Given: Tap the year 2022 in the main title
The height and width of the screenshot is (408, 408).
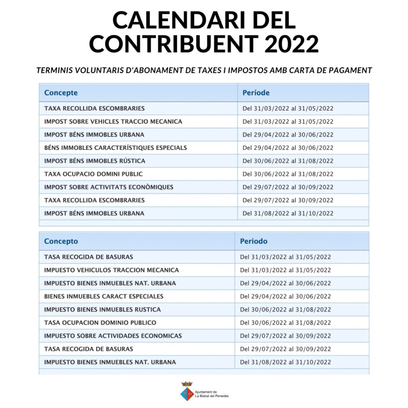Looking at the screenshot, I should [292, 43].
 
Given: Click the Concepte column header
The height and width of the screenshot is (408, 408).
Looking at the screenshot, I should [61, 93].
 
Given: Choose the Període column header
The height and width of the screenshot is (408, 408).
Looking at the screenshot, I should [256, 93].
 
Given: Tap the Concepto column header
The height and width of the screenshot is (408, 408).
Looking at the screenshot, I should [61, 241].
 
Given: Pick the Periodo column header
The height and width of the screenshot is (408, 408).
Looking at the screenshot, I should [254, 241].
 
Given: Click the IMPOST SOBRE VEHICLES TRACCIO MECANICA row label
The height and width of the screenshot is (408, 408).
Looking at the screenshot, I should [113, 122].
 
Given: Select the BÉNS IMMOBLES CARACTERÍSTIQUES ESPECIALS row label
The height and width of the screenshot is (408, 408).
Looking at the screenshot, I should [116, 148].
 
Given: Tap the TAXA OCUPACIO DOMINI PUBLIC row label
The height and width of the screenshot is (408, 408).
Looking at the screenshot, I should [93, 174].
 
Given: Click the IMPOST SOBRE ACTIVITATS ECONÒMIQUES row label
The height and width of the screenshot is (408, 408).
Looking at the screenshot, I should [109, 187].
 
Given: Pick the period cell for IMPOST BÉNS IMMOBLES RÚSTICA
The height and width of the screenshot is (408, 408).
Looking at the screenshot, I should [288, 161].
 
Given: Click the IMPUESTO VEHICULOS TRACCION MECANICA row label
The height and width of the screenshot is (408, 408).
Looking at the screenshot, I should [112, 270].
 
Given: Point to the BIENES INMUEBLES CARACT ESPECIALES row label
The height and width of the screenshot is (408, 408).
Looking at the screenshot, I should [104, 296].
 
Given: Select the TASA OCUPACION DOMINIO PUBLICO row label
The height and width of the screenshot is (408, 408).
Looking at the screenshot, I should [100, 323].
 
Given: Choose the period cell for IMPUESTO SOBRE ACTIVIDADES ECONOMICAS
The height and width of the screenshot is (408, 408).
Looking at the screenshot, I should [286, 336].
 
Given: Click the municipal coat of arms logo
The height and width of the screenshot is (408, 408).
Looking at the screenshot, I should [187, 391].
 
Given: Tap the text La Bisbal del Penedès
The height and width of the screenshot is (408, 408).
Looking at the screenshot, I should [212, 396].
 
